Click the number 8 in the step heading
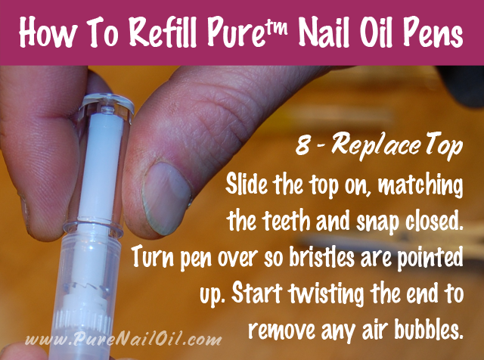(x=302, y=146)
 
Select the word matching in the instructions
(x=420, y=186)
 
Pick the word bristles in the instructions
(x=321, y=257)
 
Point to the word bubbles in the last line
(x=429, y=330)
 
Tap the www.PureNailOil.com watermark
(x=123, y=339)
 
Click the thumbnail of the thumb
(x=166, y=198)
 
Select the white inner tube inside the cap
(x=101, y=166)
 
